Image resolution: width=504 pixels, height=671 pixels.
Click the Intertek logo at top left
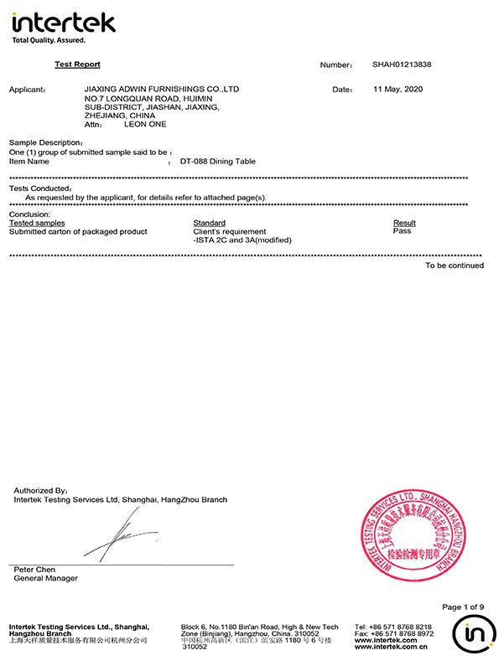coord(63,25)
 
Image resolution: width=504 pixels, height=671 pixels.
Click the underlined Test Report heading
coord(77,65)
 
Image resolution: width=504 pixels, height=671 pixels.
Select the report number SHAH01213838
coord(402,65)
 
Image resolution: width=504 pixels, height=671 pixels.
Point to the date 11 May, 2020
coord(400,89)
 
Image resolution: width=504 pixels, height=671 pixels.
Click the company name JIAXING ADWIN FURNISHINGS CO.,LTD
coord(163,88)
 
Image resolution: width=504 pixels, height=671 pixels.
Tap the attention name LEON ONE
coord(145,124)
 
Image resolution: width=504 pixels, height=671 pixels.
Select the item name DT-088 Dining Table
coord(217,161)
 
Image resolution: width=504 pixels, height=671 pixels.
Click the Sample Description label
coord(45,143)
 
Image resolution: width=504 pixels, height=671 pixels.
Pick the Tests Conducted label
coord(40,188)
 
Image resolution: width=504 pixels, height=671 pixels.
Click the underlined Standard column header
coord(209,223)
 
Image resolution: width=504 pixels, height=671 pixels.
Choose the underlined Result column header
coord(404,223)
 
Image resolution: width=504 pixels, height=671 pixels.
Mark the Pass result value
coord(402,231)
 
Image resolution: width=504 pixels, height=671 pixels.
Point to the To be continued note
coord(454,266)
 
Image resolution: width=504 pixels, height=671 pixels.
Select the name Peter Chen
coord(34,570)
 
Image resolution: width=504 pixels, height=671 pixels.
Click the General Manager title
coord(45,578)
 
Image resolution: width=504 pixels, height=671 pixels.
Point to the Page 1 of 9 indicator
coord(463,606)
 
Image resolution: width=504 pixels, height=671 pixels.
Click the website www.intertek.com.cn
coord(392,647)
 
